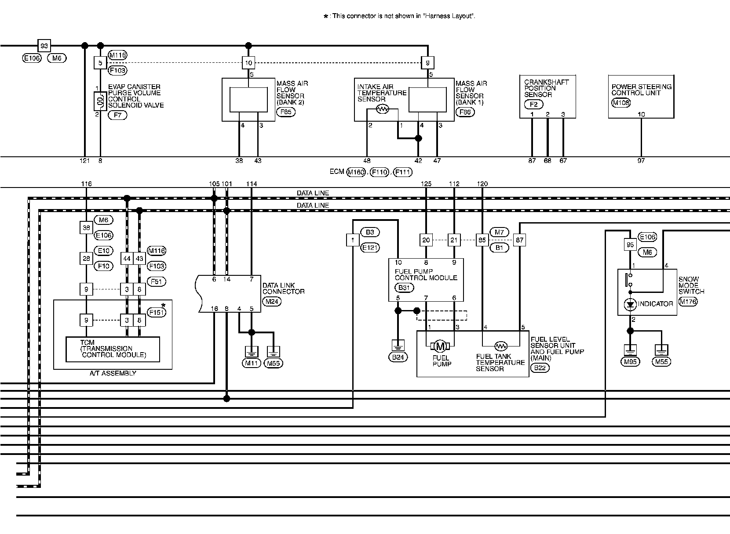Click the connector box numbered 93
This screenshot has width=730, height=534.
(44, 46)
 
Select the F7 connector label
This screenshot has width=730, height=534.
(117, 115)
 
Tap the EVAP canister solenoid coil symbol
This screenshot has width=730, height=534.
(100, 102)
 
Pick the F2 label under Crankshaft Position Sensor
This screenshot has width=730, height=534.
(533, 105)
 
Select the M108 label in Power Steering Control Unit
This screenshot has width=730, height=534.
(620, 103)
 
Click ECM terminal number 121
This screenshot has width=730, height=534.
(84, 161)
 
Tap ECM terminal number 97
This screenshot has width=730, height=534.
(641, 161)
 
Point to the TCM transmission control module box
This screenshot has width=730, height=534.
(113, 349)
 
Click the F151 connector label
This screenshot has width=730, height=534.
(156, 313)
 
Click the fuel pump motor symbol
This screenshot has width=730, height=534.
(440, 346)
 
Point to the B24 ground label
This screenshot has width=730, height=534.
(398, 357)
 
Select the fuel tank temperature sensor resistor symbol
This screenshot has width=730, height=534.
(501, 345)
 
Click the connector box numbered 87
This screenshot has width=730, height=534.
(520, 240)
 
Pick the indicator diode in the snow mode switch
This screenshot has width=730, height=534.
(630, 304)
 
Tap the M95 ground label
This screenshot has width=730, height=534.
(630, 362)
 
